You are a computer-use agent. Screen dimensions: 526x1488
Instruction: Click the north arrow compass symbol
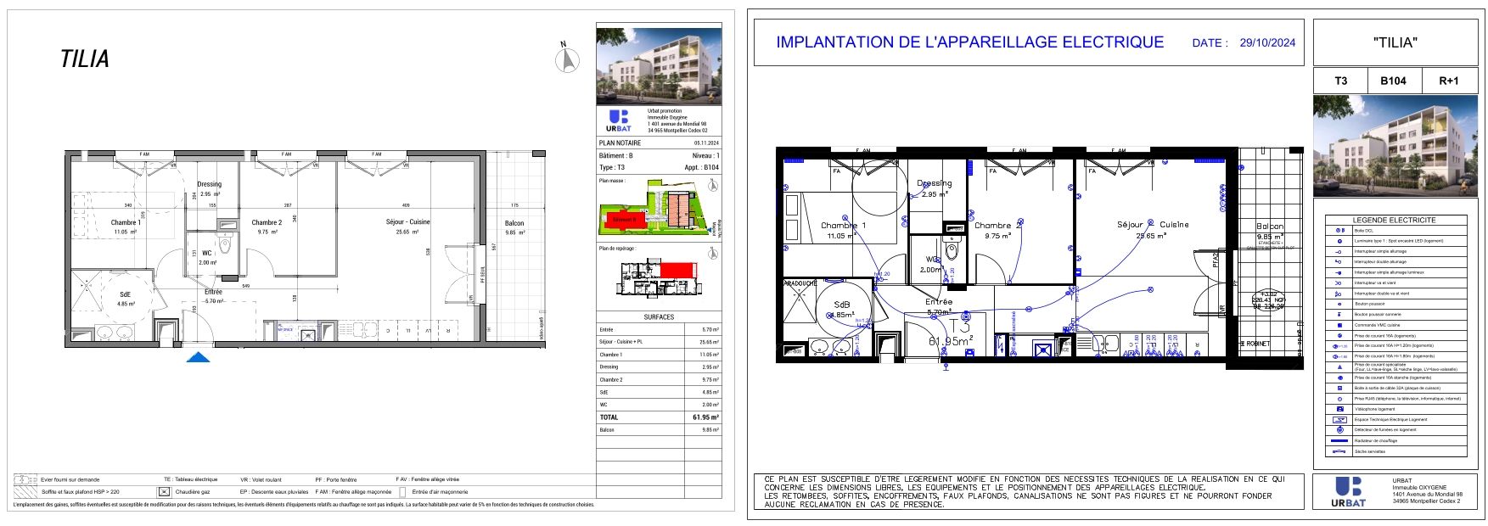tap(567, 59)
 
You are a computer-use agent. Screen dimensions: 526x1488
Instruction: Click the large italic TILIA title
tap(85, 59)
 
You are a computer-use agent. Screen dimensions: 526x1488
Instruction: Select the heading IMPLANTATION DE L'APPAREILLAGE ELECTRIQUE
tap(969, 42)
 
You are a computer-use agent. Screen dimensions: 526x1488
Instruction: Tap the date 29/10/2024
tap(1267, 42)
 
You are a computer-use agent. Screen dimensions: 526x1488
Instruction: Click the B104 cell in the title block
tap(1393, 81)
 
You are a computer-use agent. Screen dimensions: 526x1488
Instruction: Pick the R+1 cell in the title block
tap(1448, 81)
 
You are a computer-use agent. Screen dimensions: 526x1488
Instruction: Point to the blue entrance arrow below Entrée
tap(198, 357)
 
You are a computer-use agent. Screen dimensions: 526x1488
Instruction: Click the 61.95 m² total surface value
tap(705, 417)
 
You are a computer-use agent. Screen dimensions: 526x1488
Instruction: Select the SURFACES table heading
tap(659, 316)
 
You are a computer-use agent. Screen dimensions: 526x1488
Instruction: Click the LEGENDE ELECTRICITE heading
tap(1394, 220)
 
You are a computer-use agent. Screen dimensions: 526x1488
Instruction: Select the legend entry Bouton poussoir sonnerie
tap(1377, 314)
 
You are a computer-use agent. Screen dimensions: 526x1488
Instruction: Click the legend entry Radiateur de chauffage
tap(1375, 440)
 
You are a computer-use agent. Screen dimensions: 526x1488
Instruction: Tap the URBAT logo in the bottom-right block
tap(1349, 492)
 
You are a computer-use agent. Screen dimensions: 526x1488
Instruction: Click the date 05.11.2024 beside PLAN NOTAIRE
tap(706, 143)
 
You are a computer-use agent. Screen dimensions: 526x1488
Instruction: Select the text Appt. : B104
tap(701, 168)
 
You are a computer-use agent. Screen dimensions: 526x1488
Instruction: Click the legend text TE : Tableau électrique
tap(190, 479)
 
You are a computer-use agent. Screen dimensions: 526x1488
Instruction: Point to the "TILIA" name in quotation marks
tap(1395, 42)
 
